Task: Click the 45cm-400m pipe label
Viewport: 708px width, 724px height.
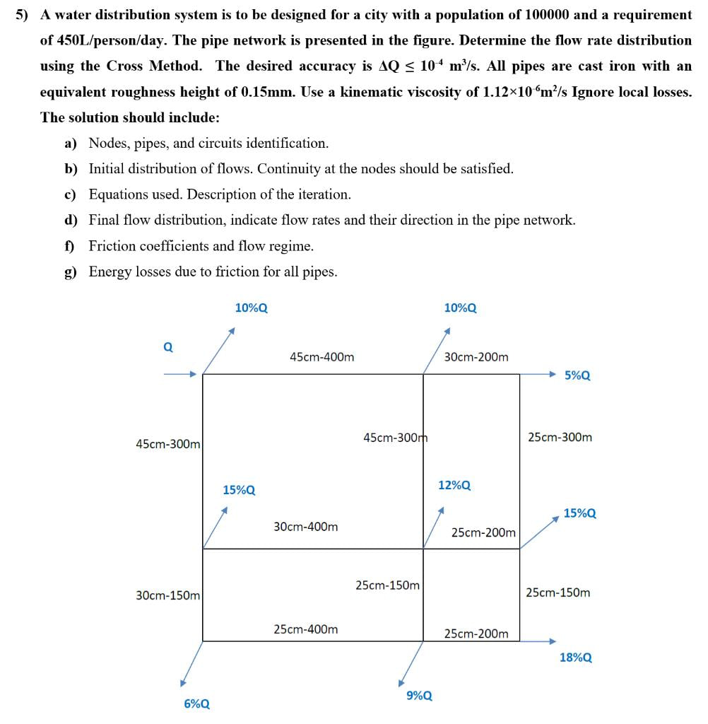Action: [x=321, y=357]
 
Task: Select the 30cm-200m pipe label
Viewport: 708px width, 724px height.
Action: [x=476, y=357]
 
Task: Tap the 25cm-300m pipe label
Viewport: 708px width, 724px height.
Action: [x=560, y=437]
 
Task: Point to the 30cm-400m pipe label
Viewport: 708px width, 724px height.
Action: [x=305, y=527]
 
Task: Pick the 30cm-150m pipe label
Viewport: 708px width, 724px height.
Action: [x=167, y=595]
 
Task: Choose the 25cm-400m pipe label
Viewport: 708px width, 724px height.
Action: [x=305, y=629]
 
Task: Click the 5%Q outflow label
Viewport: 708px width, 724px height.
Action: [x=577, y=375]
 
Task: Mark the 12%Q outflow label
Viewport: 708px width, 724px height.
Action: [x=454, y=486]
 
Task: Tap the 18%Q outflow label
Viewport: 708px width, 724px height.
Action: [x=575, y=658]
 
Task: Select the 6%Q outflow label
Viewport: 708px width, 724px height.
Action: [x=196, y=703]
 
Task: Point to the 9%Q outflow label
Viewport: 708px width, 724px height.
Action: [x=420, y=696]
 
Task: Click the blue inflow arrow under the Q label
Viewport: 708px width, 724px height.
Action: [x=179, y=375]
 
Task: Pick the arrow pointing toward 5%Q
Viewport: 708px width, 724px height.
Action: [x=541, y=374]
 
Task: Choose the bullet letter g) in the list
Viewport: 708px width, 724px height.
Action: [x=71, y=271]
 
